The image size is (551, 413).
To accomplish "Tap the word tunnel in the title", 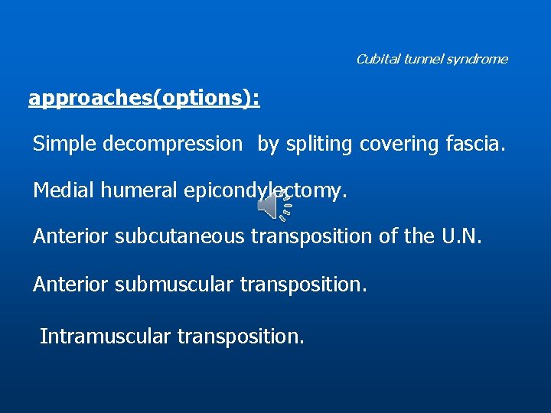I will click(x=417, y=59).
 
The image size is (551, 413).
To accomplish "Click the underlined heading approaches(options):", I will click(x=144, y=99).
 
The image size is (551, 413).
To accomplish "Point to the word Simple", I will click(x=64, y=144).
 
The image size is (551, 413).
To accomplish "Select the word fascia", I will click(x=475, y=144).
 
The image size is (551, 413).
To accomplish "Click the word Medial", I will click(x=64, y=190).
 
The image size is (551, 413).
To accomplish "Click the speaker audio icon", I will click(x=273, y=204).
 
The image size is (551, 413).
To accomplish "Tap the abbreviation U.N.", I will click(x=462, y=237).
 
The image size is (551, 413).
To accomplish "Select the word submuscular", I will click(x=174, y=285).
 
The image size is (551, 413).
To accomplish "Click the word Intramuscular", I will click(x=105, y=336).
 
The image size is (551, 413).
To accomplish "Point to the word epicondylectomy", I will click(x=266, y=190).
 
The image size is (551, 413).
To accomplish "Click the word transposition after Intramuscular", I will click(x=240, y=336).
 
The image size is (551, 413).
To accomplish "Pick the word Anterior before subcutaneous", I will click(x=71, y=237).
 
